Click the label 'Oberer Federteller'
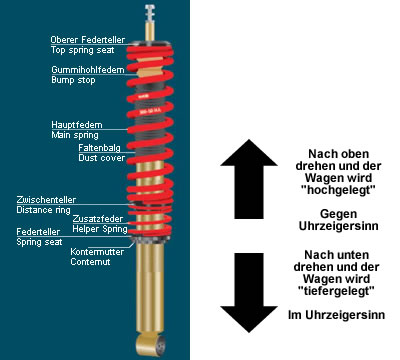[88, 40]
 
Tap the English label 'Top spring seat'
[82, 50]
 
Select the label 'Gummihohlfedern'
[88, 70]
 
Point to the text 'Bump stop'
[73, 80]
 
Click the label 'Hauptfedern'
[77, 125]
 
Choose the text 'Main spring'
[75, 135]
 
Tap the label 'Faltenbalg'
[99, 148]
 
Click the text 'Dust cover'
[102, 158]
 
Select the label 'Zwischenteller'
[46, 200]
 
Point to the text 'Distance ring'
[43, 210]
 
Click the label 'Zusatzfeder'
[98, 219]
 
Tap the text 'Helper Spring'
[100, 229]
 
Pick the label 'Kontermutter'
[97, 252]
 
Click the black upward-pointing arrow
[249, 179]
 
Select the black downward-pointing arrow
[249, 293]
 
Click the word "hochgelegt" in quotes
[338, 190]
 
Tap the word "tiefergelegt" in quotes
[336, 291]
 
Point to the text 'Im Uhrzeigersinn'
[336, 315]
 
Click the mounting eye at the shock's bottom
[151, 345]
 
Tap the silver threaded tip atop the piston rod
[150, 13]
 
